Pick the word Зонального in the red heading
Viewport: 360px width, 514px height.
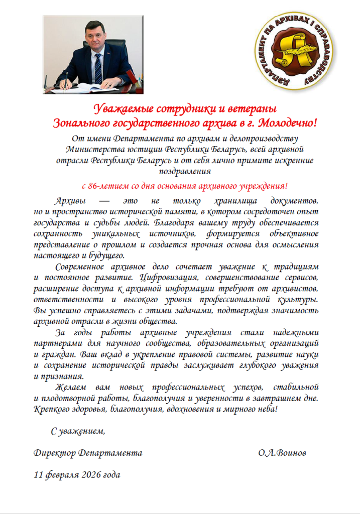click(81, 122)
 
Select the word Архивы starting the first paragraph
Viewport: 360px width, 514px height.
click(70, 199)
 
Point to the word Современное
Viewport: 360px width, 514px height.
click(79, 266)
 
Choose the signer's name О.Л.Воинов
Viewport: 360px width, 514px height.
click(282, 453)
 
